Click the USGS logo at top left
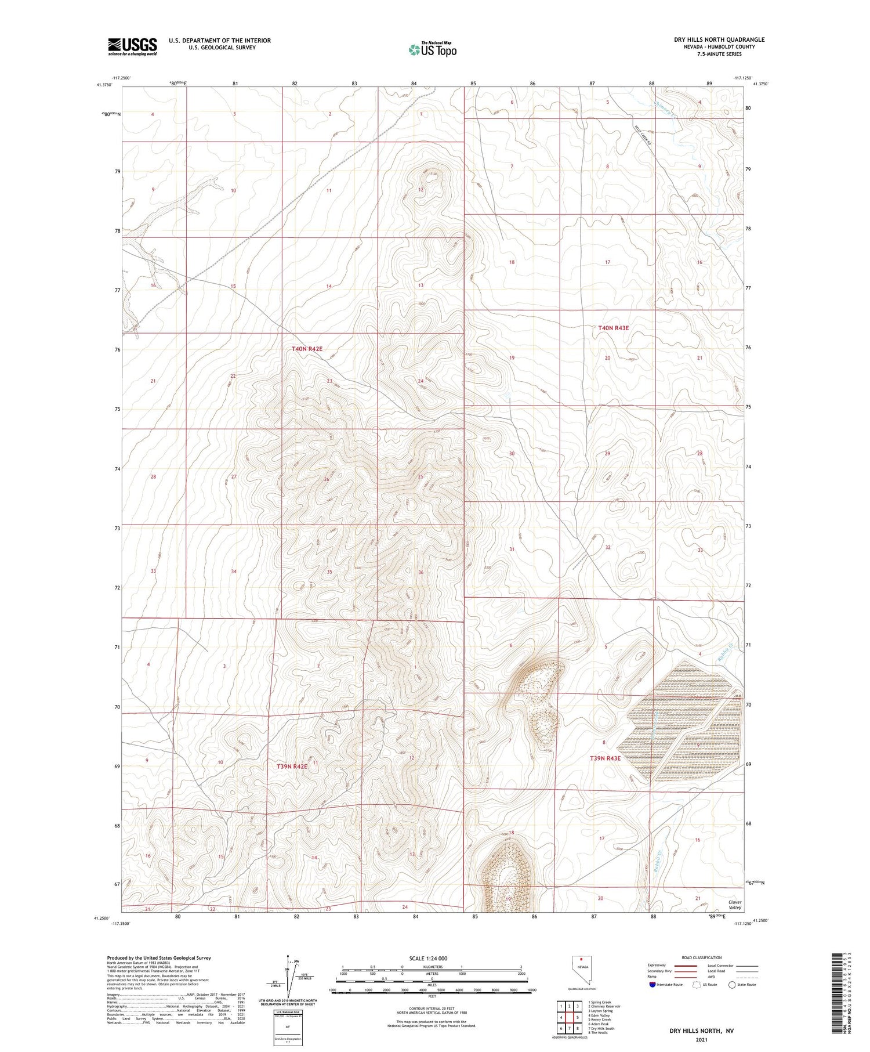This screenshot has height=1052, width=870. (132, 46)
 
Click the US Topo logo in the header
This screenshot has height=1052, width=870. (433, 50)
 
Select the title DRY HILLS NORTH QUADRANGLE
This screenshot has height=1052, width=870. (719, 39)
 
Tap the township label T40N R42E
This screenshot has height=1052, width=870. (307, 349)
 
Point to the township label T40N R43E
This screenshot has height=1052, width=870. (614, 328)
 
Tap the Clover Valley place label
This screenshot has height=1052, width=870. (735, 905)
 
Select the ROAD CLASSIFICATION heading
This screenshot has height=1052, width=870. (701, 957)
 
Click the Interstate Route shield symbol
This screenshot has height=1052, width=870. (652, 985)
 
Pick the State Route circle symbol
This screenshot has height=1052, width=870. (732, 985)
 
